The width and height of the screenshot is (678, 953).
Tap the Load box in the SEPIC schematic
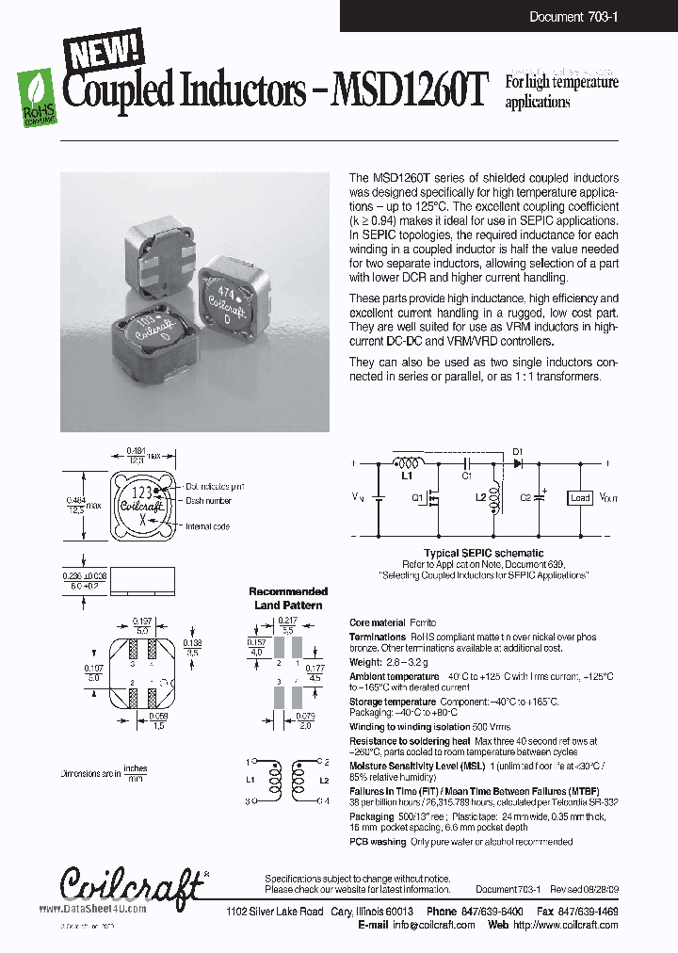(580, 497)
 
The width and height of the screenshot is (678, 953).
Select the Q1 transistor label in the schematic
(417, 500)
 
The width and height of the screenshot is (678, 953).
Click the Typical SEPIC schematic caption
(483, 553)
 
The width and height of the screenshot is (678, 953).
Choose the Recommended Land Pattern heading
(288, 598)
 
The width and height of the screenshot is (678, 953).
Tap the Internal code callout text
(208, 526)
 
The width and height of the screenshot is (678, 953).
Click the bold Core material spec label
(377, 623)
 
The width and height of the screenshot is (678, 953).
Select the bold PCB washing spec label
(378, 841)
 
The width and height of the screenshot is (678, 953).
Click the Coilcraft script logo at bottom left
(131, 884)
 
